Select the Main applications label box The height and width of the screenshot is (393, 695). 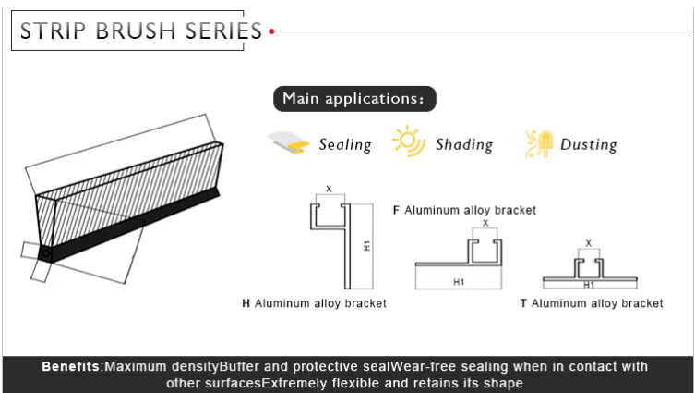(x=354, y=98)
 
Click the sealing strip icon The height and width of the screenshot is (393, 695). (x=289, y=142)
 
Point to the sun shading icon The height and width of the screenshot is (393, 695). (x=408, y=141)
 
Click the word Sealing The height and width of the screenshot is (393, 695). (x=345, y=144)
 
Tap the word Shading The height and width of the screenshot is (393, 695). (x=464, y=144)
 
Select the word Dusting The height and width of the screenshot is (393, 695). (x=589, y=144)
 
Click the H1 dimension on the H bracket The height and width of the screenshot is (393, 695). (x=366, y=246)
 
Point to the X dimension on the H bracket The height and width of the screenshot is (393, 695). (x=329, y=190)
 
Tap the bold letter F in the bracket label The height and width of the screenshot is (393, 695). (x=396, y=210)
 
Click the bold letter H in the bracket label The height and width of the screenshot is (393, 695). (x=246, y=302)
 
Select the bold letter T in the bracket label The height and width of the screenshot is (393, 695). (x=523, y=302)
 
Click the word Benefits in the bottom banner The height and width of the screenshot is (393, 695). (x=71, y=367)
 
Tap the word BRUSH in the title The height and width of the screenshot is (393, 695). (x=138, y=31)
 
